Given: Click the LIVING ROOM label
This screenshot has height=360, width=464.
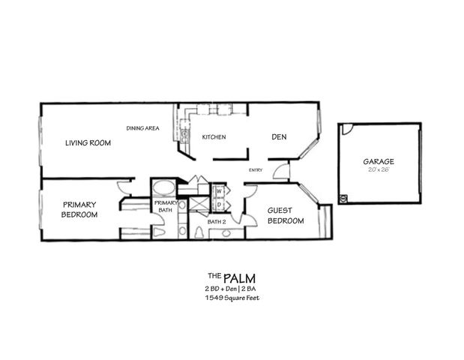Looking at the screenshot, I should point(88,142).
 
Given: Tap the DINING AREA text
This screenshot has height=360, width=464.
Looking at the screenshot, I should point(142,128).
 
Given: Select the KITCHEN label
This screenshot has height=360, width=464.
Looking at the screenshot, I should point(214,136).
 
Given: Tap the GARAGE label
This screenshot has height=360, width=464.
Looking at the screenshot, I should point(379,161).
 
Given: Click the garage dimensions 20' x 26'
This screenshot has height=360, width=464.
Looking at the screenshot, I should point(379,171).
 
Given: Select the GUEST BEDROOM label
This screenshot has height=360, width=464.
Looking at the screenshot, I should point(286,216).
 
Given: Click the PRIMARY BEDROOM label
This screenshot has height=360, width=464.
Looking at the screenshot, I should point(80,209).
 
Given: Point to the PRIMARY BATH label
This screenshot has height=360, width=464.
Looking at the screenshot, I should point(166,207).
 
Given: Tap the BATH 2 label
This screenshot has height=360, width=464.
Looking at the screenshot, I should point(217,221).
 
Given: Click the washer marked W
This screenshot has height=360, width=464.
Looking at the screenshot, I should point(220,190).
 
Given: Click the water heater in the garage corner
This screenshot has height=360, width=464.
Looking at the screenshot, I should point(344,199).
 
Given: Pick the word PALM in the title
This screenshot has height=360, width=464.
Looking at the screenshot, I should point(235,276).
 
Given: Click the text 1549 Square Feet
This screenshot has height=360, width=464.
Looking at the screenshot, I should point(232,298).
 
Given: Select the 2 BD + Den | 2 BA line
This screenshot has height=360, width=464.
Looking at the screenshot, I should point(232,288).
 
